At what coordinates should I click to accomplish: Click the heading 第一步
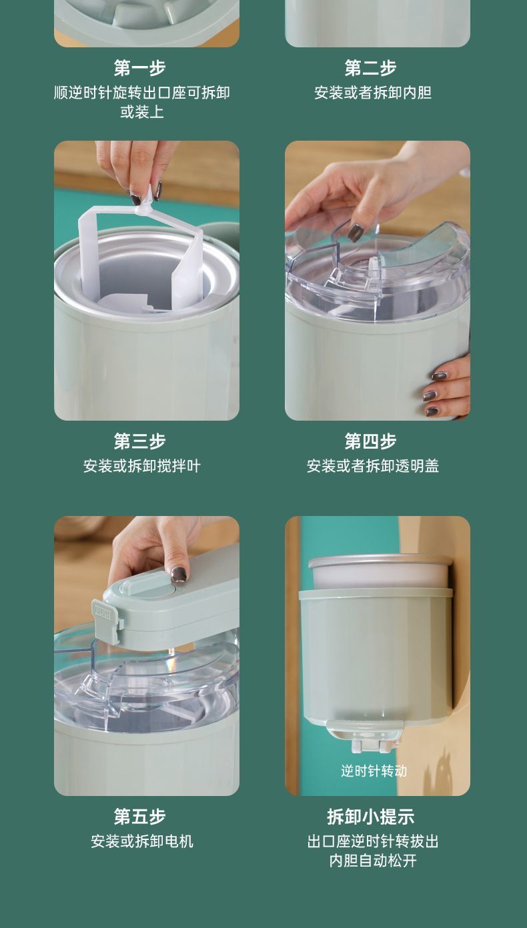point(139,68)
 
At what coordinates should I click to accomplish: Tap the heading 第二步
point(370,68)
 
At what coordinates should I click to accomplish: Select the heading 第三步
point(139,441)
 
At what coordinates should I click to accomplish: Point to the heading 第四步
point(370,441)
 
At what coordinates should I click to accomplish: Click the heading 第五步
point(139,817)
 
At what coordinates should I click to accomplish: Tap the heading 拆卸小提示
point(370,817)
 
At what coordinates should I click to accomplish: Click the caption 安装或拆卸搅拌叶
point(141,466)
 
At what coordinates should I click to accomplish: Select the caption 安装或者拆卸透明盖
point(372,466)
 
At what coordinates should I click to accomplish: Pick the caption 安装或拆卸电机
point(141,841)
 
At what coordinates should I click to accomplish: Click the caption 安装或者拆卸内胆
point(372,93)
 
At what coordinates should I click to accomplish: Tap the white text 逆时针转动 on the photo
point(374,771)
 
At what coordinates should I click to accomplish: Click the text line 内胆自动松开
point(372,861)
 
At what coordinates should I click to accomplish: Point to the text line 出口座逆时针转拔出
point(372,841)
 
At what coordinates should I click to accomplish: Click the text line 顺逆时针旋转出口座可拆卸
point(141,93)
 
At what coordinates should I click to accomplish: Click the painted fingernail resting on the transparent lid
point(355,233)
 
